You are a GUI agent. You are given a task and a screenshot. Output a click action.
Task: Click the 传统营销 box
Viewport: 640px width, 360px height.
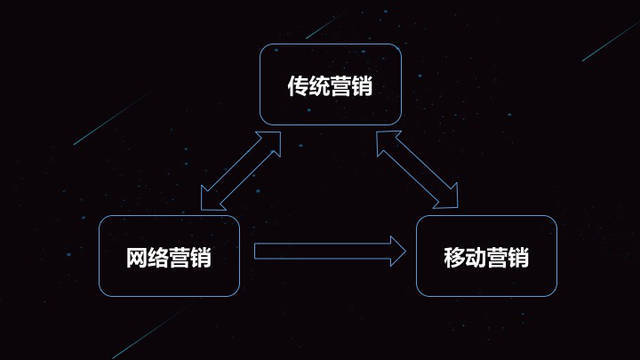330,86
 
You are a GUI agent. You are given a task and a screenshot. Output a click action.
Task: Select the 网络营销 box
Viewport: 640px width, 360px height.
170,256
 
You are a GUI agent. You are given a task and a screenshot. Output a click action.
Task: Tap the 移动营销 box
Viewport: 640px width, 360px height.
486,256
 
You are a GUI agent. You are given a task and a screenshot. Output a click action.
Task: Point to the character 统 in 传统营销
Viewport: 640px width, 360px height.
320,87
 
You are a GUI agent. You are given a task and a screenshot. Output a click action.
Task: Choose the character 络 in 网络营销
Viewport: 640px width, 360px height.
160,257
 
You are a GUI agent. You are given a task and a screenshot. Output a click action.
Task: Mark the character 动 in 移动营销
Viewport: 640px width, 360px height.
476,257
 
